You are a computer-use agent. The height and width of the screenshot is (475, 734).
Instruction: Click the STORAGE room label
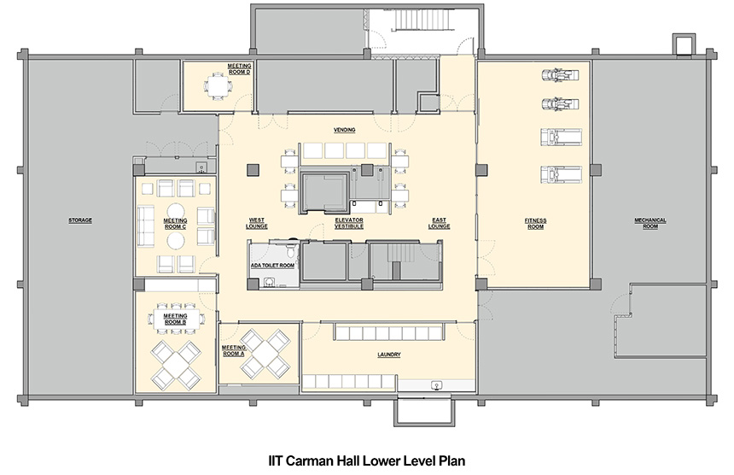80,220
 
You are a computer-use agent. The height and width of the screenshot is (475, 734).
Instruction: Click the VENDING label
344,130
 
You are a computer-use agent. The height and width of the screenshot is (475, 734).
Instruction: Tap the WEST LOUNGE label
257,222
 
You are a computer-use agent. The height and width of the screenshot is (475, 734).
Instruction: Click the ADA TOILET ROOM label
272,265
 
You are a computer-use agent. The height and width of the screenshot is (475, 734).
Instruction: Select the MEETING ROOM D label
238,68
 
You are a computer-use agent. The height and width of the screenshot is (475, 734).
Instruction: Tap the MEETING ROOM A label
233,350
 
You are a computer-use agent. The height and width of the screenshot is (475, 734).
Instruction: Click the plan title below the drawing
367,458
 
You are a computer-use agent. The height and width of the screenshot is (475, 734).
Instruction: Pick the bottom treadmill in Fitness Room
558,176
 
